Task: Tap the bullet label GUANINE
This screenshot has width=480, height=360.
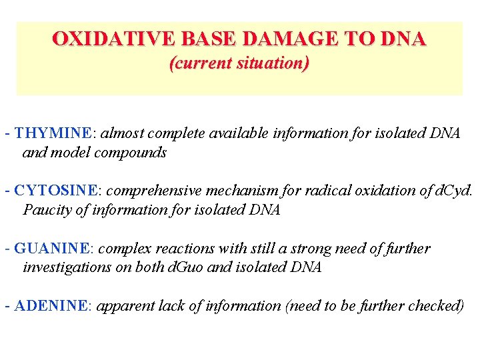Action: [52, 249]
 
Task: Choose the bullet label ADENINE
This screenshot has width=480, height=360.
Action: [51, 306]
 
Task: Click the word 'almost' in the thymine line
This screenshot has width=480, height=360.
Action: [121, 133]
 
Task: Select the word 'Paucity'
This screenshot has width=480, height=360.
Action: [46, 210]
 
